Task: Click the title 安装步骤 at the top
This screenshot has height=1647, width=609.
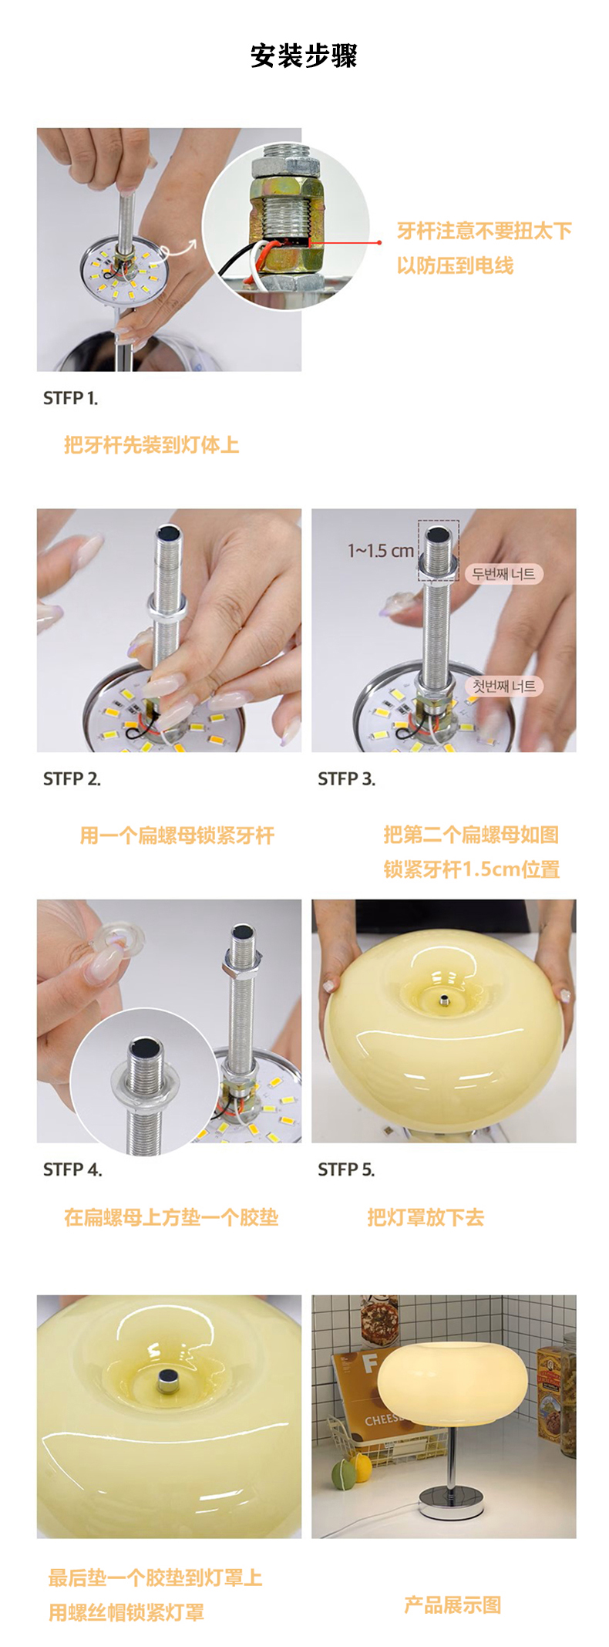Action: click(x=304, y=56)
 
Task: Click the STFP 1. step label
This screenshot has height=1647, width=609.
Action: click(x=70, y=398)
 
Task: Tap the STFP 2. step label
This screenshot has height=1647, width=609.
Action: click(x=72, y=779)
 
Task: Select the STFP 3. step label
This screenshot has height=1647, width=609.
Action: click(x=347, y=779)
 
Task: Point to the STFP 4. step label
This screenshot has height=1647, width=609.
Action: click(x=72, y=1169)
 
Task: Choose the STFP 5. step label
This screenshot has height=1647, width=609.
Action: click(x=346, y=1169)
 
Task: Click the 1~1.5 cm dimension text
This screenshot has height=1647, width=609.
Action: click(x=381, y=551)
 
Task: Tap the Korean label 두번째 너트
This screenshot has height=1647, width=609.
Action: click(x=503, y=574)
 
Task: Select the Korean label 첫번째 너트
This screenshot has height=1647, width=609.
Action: click(x=503, y=686)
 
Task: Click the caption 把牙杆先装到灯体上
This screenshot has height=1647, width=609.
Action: click(x=152, y=445)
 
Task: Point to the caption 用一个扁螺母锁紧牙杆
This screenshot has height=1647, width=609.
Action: click(x=177, y=835)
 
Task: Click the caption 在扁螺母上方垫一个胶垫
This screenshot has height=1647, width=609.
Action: click(x=171, y=1217)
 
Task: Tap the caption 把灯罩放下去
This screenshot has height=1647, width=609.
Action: click(x=426, y=1217)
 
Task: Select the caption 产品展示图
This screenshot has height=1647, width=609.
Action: click(x=453, y=1605)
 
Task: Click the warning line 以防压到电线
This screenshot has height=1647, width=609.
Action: click(x=455, y=265)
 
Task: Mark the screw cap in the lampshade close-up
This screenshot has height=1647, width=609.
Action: click(x=167, y=1379)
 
